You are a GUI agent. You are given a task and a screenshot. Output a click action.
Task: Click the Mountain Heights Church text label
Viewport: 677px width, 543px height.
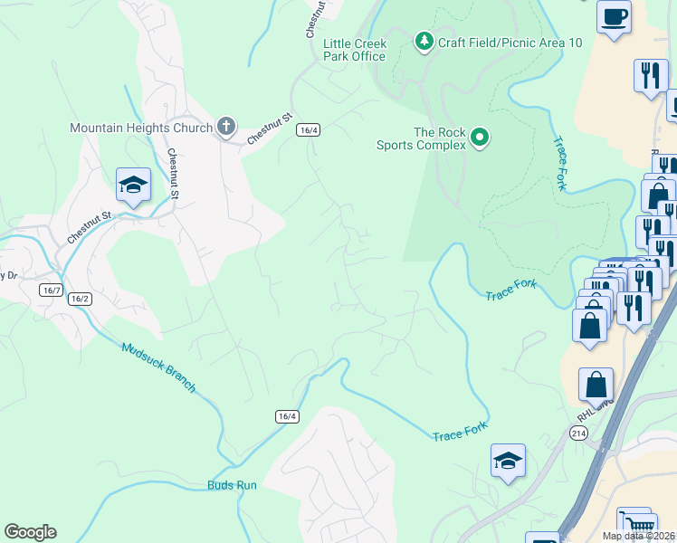140,128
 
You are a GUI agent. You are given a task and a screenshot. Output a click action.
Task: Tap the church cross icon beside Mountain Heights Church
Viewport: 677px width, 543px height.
226,128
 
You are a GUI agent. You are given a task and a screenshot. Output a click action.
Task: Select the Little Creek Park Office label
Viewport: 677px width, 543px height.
355,50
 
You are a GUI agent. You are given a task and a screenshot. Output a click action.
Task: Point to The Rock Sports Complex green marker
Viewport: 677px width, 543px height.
480,138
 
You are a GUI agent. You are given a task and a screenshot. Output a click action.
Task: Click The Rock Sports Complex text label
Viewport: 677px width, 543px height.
440,138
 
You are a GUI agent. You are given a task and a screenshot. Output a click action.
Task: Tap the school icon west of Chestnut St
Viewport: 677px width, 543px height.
133,186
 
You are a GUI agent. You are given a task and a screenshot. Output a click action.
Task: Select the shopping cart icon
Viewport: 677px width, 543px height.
635,524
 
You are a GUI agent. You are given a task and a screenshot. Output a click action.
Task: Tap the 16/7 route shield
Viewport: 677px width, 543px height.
51,290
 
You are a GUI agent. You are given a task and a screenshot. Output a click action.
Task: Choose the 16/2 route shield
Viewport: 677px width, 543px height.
80,299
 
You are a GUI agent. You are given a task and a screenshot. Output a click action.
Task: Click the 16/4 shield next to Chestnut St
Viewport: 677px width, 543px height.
308,129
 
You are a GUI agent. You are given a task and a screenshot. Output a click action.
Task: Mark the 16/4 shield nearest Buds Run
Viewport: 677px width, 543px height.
287,416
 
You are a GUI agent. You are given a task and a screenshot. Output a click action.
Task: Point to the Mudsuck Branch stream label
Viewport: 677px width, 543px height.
158,367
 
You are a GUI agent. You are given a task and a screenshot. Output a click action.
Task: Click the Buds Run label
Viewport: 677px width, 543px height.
232,485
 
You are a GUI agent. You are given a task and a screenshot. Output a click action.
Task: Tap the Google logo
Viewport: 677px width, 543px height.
30,532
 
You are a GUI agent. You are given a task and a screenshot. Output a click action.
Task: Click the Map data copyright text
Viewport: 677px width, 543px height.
638,536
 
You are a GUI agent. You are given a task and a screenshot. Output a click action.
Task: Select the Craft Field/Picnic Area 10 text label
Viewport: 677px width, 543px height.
510,43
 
